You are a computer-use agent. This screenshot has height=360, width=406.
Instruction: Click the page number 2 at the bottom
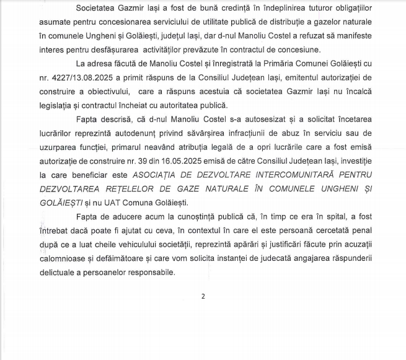pyautogui.click(x=203, y=296)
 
